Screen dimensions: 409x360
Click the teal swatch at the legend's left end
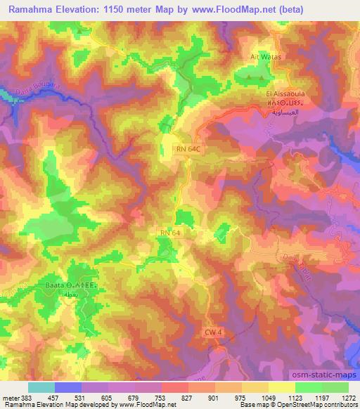tap(41, 387)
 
